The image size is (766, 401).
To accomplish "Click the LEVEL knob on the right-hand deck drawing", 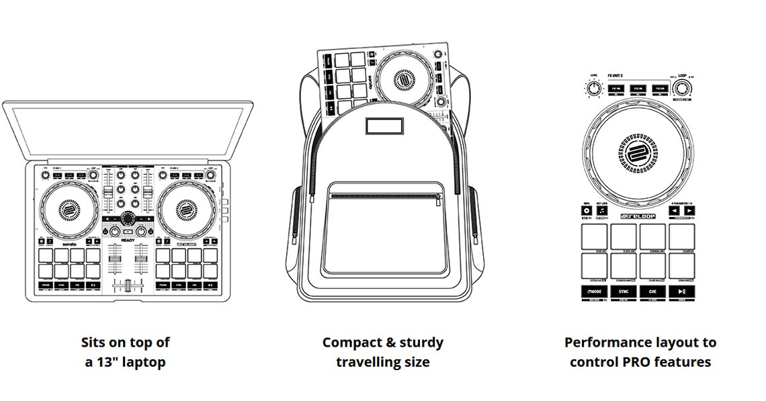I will [593, 89].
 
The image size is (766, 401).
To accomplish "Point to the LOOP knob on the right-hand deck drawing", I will [683, 88].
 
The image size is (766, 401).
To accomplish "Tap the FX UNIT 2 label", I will [617, 77].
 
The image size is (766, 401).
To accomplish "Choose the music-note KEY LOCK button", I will [603, 211].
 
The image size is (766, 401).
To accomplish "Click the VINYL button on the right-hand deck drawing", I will [587, 211].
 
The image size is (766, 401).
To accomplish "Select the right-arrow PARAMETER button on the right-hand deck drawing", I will [689, 210].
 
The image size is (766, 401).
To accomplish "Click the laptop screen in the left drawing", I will [128, 131].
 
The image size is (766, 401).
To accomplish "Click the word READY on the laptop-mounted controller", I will [128, 240].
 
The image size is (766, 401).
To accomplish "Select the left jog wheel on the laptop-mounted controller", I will [68, 210].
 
